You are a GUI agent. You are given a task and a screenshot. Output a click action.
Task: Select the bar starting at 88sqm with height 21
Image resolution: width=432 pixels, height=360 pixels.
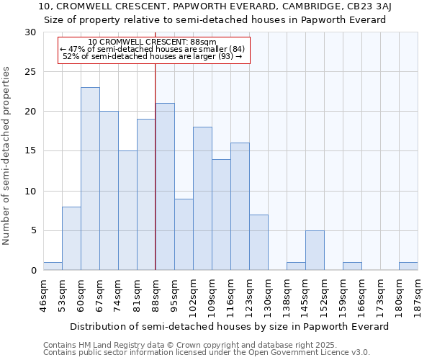point(165,186)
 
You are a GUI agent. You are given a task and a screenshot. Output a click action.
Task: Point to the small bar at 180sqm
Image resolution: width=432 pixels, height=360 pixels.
point(408,266)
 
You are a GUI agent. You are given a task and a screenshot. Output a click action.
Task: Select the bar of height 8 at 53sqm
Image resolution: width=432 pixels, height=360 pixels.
point(71,238)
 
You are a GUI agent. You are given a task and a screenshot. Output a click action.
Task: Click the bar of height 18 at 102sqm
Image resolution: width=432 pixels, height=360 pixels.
point(202,199)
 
